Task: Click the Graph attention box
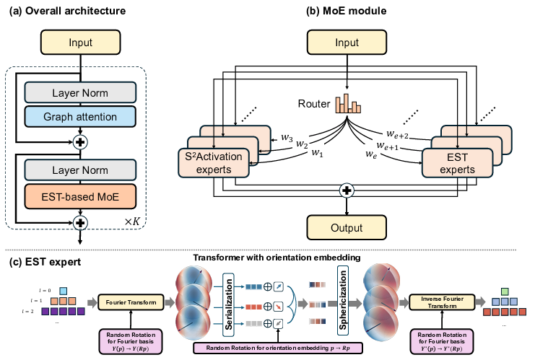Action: click(79, 116)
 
